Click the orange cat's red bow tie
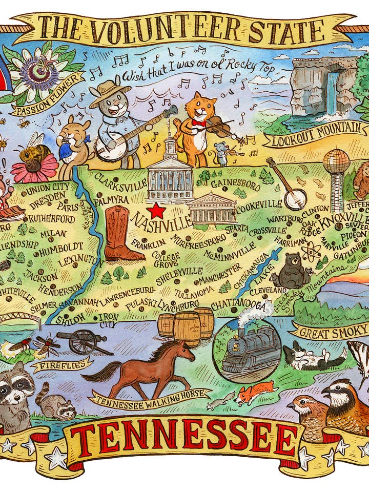click(x=199, y=123)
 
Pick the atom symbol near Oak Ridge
click(x=310, y=252)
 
